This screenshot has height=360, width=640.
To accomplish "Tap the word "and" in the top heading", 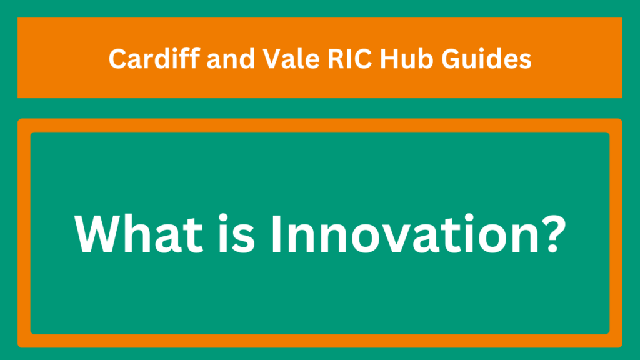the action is [x=231, y=58].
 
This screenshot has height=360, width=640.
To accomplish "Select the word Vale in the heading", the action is [x=291, y=59].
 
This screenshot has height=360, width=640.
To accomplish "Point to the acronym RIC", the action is [x=350, y=59].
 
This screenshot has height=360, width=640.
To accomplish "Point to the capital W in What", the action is [x=99, y=234].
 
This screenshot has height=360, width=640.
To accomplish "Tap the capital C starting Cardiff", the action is [x=118, y=59].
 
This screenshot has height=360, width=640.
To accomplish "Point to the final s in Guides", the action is [x=524, y=62].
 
